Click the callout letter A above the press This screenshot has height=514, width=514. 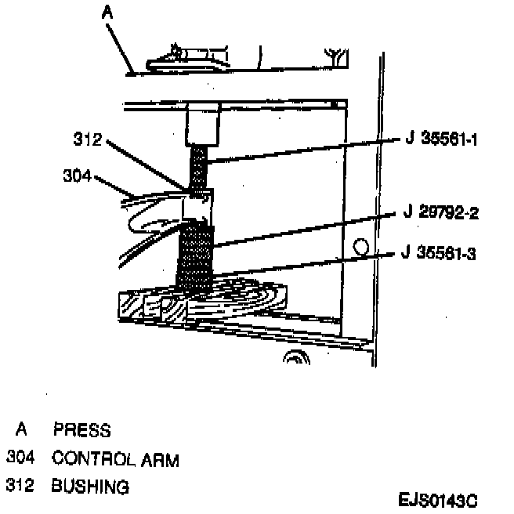[107, 12]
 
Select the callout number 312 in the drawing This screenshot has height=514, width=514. [87, 141]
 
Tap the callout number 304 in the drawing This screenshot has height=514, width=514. [76, 176]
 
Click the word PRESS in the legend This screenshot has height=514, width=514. [81, 430]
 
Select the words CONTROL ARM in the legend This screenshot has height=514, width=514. [114, 459]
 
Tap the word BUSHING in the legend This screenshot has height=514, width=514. [89, 487]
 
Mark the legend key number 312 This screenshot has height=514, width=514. [21, 487]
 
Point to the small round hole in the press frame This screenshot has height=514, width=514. [360, 248]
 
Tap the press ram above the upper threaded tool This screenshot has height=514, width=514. [201, 126]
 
